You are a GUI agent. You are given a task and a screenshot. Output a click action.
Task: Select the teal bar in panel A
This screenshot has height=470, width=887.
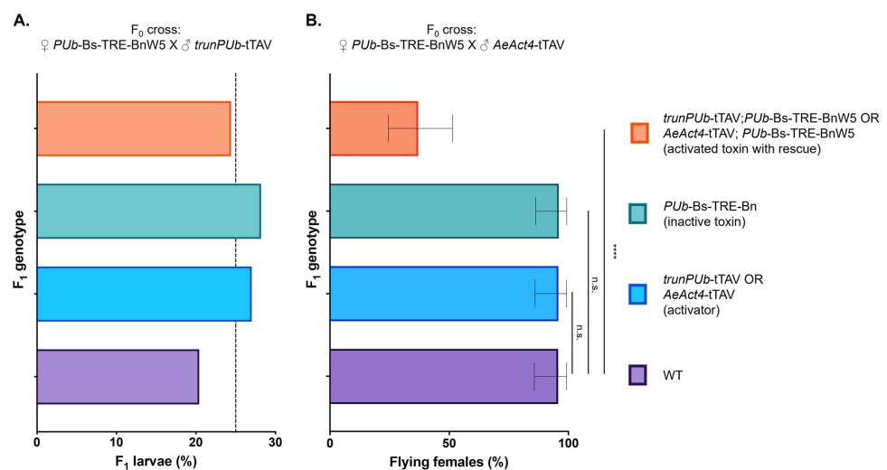point(148,211)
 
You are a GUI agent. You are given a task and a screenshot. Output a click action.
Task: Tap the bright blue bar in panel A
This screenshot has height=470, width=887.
point(144,294)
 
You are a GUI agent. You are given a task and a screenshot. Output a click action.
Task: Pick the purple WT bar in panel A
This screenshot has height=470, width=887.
point(118,376)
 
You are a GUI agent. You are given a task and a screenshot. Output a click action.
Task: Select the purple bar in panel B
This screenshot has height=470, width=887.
point(443,376)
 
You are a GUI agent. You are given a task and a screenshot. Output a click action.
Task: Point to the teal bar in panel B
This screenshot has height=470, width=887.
point(443,211)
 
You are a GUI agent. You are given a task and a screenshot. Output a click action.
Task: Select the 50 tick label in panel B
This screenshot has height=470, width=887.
point(449,441)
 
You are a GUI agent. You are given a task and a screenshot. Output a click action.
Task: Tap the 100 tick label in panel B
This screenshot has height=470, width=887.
point(568,441)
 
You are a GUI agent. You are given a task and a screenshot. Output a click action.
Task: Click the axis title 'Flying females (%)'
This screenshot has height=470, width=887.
point(449,462)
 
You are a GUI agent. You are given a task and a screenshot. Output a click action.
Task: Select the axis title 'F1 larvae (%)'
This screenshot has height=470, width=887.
point(156,462)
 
